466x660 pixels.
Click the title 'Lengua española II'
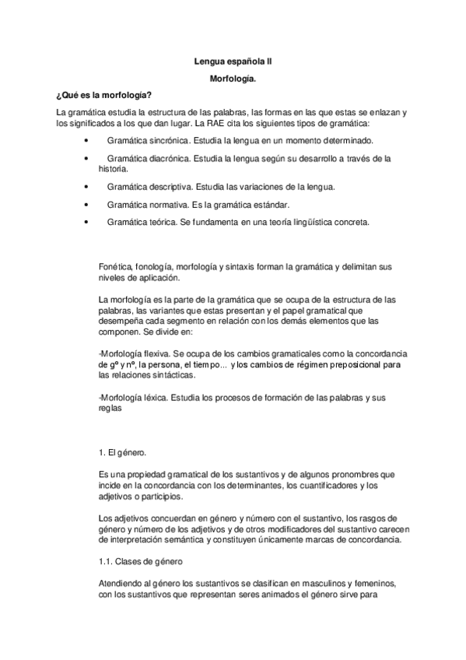(x=233, y=60)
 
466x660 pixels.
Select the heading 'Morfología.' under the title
(x=233, y=79)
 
